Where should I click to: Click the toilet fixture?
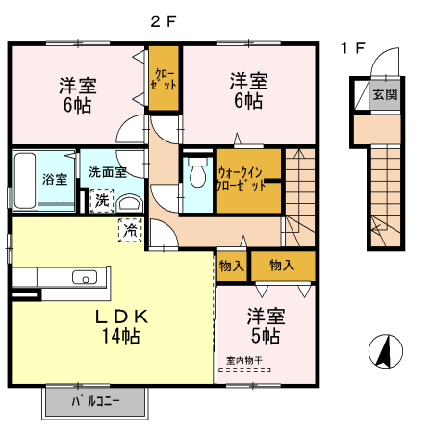[198, 174]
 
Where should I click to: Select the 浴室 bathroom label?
[55, 179]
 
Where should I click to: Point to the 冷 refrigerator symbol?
[129, 228]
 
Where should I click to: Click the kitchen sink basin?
[85, 279]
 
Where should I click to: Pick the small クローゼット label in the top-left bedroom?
[164, 78]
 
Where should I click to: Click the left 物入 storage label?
[231, 265]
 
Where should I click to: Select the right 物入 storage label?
[282, 265]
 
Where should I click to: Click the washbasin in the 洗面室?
[131, 202]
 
